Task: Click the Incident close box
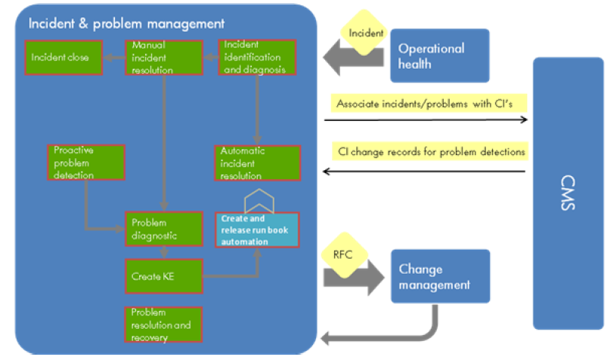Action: (63, 57)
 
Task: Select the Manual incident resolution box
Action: (164, 57)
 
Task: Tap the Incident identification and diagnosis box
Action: (257, 57)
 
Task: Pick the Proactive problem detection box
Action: (85, 163)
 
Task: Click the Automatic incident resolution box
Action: (257, 163)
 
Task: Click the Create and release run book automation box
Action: (257, 230)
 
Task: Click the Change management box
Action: (440, 277)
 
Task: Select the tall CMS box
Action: (568, 193)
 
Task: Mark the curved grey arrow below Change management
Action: (393, 333)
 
